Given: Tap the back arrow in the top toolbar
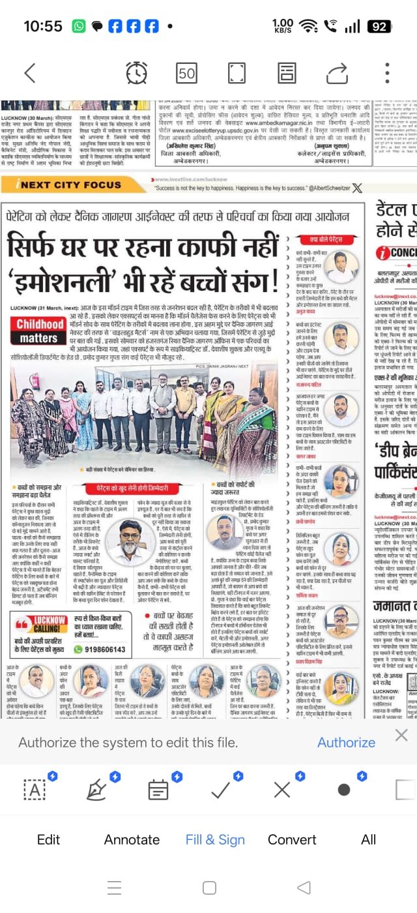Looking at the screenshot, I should (29, 72).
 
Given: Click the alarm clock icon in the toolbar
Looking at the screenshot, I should (136, 72).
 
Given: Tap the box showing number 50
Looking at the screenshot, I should (187, 73).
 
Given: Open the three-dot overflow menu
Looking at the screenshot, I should (388, 72).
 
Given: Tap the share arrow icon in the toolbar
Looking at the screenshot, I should (337, 72).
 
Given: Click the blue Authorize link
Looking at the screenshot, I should (346, 742).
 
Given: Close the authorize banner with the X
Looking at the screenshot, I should (401, 736).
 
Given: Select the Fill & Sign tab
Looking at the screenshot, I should (215, 839).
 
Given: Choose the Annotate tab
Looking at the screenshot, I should (132, 839).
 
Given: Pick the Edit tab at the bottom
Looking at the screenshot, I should (48, 839).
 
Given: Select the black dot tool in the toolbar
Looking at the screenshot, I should (343, 790).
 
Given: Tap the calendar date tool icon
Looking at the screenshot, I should (158, 790).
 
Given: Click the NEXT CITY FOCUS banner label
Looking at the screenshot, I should (70, 185).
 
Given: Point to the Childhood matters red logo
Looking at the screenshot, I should (40, 331).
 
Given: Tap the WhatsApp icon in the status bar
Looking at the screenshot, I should (79, 26).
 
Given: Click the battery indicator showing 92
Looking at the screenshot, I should (379, 26).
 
